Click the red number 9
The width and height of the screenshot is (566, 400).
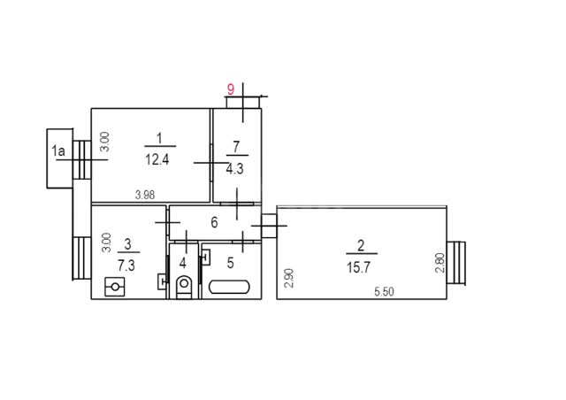(230, 88)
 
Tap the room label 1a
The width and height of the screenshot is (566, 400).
(58, 150)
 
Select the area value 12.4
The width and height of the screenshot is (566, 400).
(157, 159)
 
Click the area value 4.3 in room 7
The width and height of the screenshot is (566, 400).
(234, 169)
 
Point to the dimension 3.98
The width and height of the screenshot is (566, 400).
(145, 195)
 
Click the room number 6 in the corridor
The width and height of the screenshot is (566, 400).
(214, 223)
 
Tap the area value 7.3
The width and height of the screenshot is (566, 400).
(126, 265)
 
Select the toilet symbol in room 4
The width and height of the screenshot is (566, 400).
(184, 287)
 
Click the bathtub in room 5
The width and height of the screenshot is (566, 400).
(229, 287)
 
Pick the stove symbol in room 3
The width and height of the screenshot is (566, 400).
(115, 287)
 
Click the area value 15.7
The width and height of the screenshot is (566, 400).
(358, 268)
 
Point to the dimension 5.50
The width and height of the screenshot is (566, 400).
(384, 292)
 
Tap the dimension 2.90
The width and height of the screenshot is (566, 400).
(289, 278)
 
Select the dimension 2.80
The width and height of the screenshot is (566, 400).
(440, 263)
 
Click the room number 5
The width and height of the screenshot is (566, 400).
(231, 263)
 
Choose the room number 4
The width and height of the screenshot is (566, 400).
(183, 263)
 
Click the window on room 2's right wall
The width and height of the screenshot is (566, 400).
(456, 263)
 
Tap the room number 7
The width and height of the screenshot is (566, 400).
(236, 147)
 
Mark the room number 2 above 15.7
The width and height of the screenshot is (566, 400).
(361, 246)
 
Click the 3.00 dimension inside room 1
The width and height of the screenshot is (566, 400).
(104, 142)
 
